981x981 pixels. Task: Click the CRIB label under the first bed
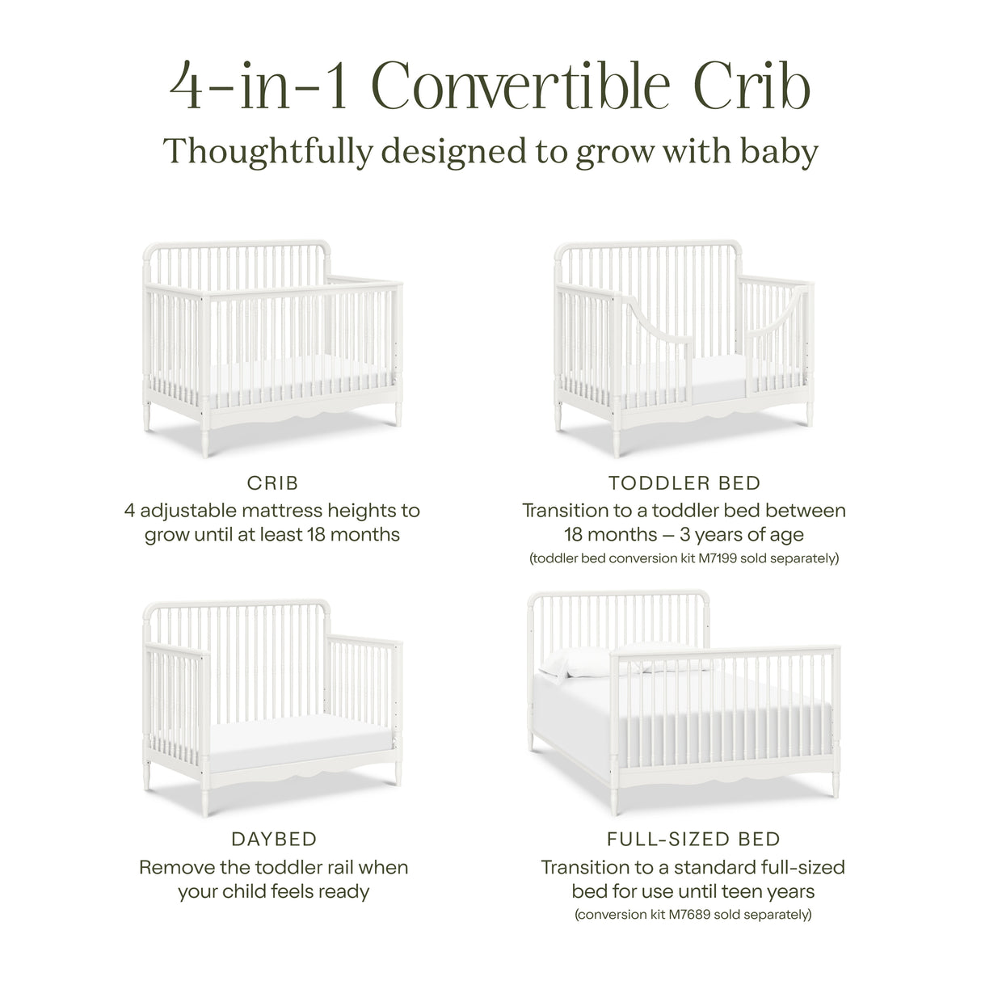[x=272, y=483]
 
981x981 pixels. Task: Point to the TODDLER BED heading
[x=684, y=483]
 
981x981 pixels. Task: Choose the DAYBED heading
[x=272, y=840]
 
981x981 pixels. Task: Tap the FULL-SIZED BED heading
[x=693, y=840]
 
